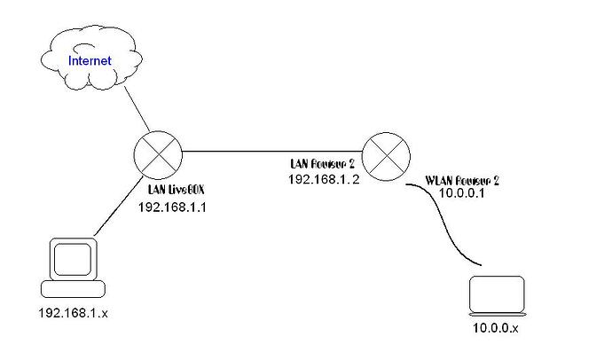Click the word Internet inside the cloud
point(90,61)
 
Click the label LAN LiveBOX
point(177,189)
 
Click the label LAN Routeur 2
point(321,164)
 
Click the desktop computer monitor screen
point(74,258)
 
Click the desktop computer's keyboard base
point(74,289)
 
